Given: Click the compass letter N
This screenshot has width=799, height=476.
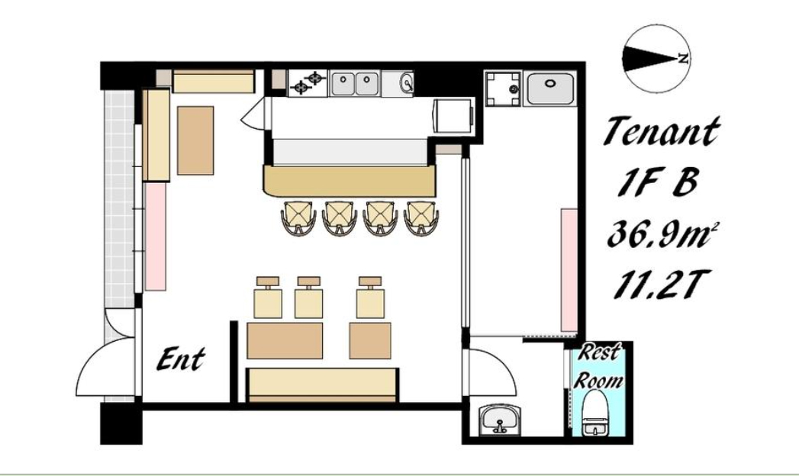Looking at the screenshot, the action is pyautogui.click(x=683, y=59).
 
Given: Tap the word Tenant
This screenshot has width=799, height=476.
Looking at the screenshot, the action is pyautogui.click(x=662, y=132).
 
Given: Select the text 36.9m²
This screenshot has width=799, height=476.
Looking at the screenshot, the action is pyautogui.click(x=661, y=233).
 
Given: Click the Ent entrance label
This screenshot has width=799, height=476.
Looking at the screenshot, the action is pyautogui.click(x=180, y=359).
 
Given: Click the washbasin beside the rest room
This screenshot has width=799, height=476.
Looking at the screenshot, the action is pyautogui.click(x=500, y=420).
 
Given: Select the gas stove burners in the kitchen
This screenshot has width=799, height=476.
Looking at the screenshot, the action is pyautogui.click(x=308, y=83).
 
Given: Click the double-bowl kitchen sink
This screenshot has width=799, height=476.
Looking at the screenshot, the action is pyautogui.click(x=355, y=84).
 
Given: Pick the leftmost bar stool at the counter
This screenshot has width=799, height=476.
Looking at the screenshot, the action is pyautogui.click(x=298, y=217).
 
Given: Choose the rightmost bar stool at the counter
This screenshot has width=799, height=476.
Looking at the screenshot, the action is pyautogui.click(x=421, y=217).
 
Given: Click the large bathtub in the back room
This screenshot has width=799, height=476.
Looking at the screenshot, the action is pyautogui.click(x=550, y=88).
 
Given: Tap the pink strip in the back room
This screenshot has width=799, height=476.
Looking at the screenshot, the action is pyautogui.click(x=569, y=270).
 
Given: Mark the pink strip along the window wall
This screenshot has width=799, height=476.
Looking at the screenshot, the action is pyautogui.click(x=156, y=236).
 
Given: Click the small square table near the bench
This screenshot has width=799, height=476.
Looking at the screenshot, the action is pyautogui.click(x=370, y=340).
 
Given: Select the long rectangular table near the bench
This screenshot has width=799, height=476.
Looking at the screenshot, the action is pyautogui.click(x=285, y=340).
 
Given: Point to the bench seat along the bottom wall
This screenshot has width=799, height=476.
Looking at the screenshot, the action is pyautogui.click(x=321, y=385).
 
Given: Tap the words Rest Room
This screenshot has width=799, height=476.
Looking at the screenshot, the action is pyautogui.click(x=598, y=366).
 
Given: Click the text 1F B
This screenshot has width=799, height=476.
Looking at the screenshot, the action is pyautogui.click(x=657, y=182).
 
